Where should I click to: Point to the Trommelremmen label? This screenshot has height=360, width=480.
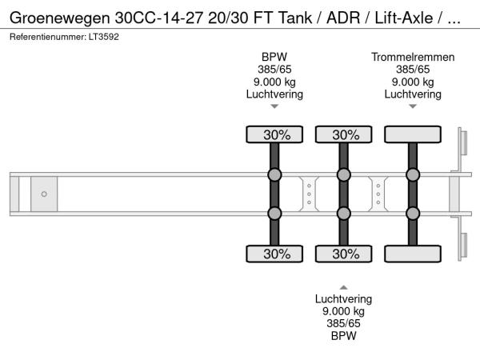(413, 56)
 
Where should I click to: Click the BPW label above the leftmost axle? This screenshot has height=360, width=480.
(274, 56)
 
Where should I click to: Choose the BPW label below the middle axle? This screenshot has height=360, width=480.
(343, 336)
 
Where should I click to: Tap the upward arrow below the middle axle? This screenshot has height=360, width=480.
(343, 286)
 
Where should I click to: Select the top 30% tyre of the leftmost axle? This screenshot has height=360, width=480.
(274, 134)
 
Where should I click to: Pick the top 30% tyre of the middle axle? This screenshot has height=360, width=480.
(343, 134)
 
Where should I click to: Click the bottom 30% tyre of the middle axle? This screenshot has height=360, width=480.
(343, 254)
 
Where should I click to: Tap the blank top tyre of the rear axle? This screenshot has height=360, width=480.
(413, 134)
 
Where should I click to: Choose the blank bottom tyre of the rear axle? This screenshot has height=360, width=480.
(413, 254)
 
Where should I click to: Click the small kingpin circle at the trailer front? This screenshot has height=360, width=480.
(44, 194)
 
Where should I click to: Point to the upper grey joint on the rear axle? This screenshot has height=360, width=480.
(413, 175)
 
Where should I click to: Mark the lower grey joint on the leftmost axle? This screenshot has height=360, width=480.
(274, 213)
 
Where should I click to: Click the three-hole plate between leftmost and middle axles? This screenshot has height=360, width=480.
(309, 194)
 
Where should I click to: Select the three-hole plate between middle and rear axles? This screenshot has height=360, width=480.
(378, 194)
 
